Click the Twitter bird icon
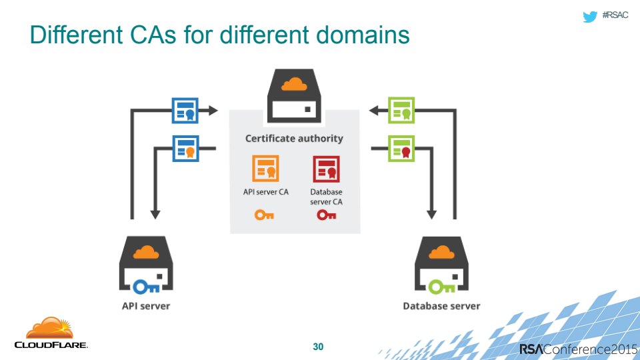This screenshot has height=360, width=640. (589, 17)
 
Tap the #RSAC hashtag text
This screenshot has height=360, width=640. (615, 16)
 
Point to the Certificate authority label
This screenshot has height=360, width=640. (294, 139)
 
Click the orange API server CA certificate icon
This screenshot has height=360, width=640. (265, 169)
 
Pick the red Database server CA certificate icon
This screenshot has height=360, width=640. (326, 169)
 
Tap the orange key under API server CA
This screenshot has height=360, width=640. (265, 215)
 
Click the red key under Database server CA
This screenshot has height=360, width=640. (326, 215)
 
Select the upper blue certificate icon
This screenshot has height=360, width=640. (185, 110)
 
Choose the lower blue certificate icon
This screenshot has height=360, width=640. (185, 148)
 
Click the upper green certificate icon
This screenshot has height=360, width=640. (401, 110)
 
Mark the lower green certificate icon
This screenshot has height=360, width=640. (401, 148)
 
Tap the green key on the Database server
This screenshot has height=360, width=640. (440, 287)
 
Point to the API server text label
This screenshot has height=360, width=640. (145, 306)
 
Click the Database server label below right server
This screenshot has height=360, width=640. (441, 306)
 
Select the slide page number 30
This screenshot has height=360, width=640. (319, 347)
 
